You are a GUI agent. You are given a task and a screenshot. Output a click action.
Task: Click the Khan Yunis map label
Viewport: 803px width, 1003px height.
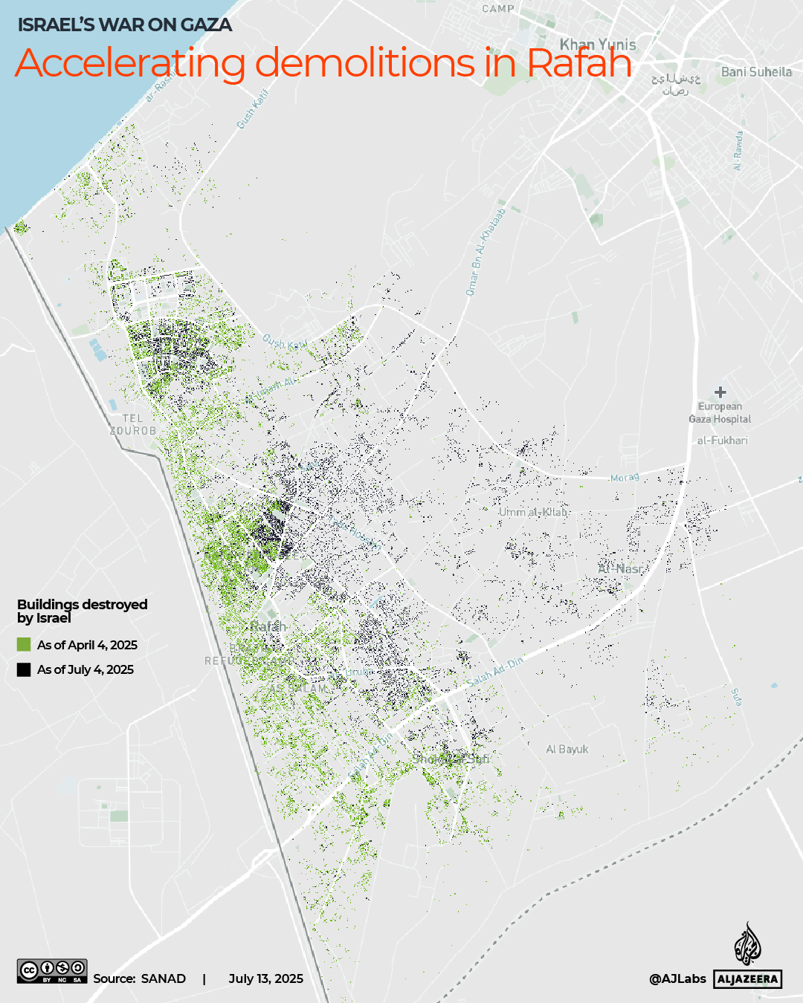(598, 45)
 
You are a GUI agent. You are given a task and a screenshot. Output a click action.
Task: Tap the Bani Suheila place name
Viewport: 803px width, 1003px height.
(756, 72)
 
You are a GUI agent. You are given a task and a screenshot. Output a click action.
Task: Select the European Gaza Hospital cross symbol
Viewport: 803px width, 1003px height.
(720, 392)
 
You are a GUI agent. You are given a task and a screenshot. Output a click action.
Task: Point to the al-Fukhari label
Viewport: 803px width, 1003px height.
(722, 441)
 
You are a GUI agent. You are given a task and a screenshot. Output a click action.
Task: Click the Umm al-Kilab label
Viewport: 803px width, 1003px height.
(533, 512)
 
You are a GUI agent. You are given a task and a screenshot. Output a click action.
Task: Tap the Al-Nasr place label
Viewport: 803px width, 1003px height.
(621, 568)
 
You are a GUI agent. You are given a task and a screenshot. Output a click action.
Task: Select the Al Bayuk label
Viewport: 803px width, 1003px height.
(567, 749)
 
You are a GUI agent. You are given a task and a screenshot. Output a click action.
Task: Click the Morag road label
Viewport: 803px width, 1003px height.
(624, 477)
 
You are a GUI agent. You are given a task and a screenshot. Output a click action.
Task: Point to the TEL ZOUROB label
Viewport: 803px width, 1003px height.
(133, 425)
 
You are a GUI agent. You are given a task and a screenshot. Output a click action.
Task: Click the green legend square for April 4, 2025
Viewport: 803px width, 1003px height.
(24, 645)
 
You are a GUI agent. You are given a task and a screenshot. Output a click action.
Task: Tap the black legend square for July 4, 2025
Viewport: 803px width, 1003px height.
(24, 669)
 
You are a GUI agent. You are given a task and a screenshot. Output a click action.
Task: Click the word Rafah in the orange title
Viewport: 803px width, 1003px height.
(579, 63)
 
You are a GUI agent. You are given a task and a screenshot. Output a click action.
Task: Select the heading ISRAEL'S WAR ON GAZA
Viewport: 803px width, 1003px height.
(125, 25)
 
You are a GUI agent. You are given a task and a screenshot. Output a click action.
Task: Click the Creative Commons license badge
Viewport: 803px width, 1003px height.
(52, 971)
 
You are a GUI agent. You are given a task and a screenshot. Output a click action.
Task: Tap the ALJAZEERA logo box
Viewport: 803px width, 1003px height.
(748, 978)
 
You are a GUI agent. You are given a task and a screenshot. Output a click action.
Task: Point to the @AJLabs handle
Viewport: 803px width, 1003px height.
(677, 978)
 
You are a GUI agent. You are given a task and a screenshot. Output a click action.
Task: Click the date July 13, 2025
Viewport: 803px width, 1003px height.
(265, 978)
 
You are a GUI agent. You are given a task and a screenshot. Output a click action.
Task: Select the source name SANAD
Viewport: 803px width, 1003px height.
(164, 978)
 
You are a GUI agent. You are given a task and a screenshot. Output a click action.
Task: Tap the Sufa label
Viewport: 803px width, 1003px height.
(735, 697)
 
